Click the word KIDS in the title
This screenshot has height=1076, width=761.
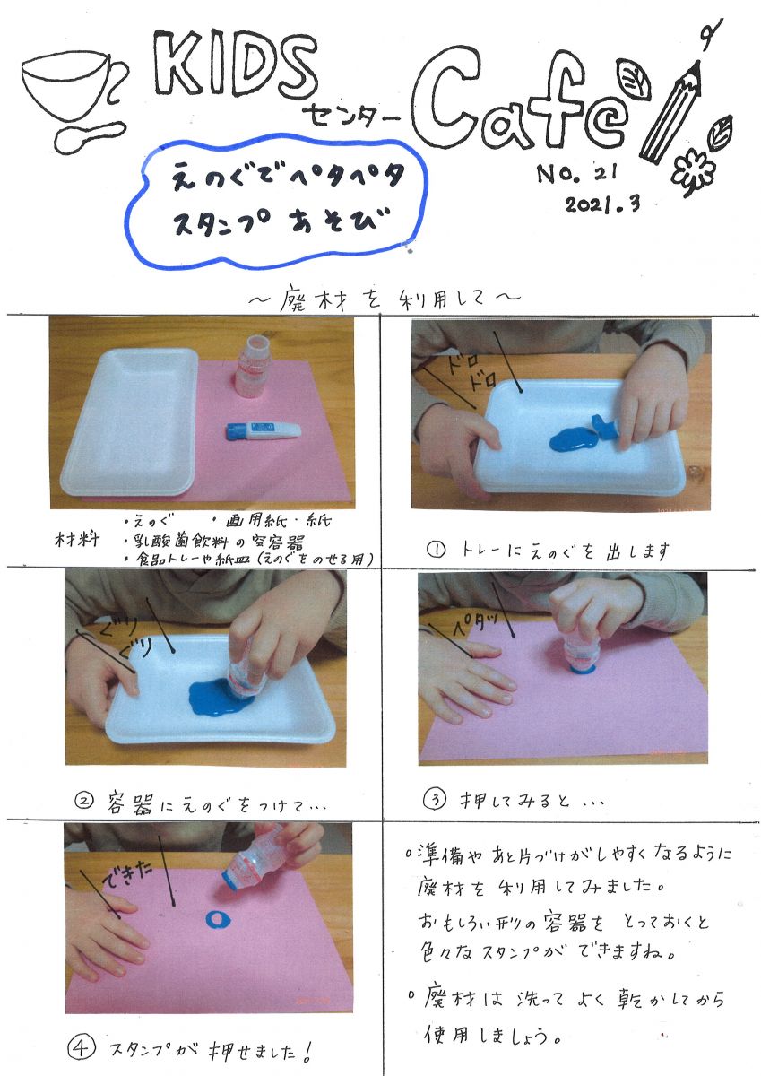pos(235,64)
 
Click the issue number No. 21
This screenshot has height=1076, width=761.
pos(576,174)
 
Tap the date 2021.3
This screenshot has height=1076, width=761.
pos(602,204)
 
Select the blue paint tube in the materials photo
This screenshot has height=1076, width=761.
pos(264,430)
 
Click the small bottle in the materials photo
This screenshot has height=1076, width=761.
pos(252,367)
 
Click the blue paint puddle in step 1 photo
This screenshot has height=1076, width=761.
pos(572,438)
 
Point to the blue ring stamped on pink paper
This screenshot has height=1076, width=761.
pos(218,919)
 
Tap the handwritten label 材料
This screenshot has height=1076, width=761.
pos(77,539)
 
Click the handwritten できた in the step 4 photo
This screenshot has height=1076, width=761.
pos(127,871)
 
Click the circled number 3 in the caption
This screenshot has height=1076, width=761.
pos(435,798)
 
